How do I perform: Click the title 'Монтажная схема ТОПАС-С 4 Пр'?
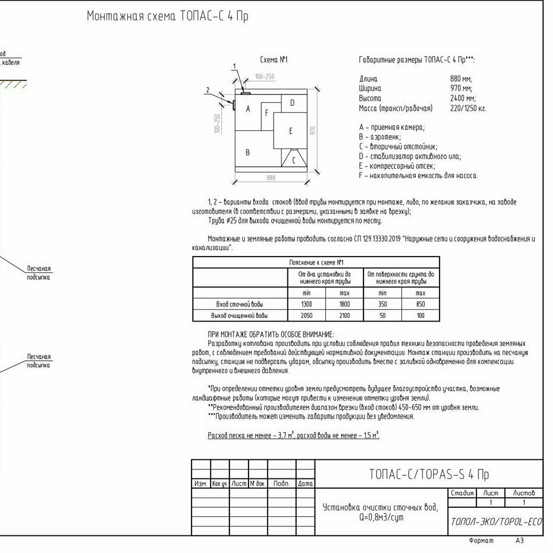coord(167,16)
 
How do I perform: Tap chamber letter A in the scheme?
coord(247,109)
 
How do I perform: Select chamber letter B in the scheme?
coord(247,152)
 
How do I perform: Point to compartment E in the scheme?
coord(291,130)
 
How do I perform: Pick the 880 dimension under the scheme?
coord(271,178)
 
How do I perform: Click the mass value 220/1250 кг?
coord(468,109)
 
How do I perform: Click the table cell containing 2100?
coord(344,316)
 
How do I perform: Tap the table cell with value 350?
coord(382,304)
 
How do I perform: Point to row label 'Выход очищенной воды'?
coord(240,316)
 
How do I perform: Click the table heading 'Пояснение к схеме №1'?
coord(316,262)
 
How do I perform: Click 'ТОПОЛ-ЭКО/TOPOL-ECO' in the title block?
coord(495,522)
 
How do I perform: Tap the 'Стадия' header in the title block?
coord(461,493)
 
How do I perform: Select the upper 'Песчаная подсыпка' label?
coord(39,273)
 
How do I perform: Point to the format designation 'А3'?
coord(519,541)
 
